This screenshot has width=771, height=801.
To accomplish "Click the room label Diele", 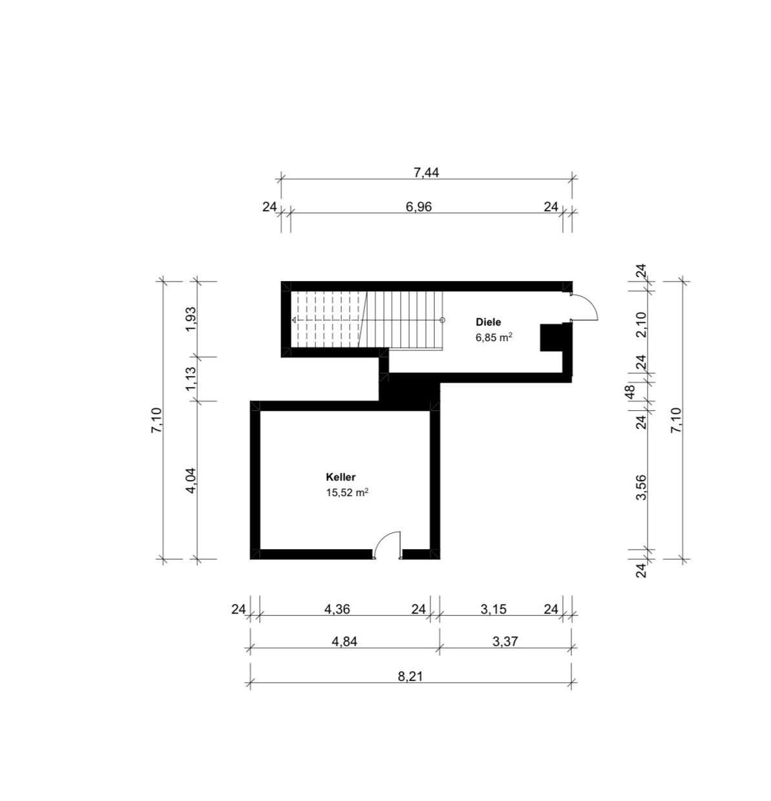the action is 488,322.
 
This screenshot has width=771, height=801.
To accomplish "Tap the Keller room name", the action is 341,477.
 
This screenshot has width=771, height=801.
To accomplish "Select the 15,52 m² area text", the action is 347,492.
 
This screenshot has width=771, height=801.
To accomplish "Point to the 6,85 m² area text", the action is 494,338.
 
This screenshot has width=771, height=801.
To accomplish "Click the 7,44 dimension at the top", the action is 427,172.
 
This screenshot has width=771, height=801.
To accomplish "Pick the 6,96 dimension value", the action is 419,207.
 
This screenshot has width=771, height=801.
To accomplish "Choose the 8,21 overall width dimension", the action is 410,677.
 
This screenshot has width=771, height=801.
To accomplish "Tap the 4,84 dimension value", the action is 344,641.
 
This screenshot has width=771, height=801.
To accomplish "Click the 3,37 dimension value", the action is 505,641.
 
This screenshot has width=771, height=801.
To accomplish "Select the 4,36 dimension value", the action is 337,609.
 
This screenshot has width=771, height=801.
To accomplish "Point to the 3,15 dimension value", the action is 493,609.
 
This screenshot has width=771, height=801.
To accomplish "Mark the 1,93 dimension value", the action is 191,319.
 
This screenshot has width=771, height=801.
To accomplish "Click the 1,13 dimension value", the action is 191,379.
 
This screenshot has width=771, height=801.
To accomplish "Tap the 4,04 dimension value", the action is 191,481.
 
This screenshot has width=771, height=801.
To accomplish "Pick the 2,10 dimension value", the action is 641,325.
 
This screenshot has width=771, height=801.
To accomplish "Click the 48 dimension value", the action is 629,391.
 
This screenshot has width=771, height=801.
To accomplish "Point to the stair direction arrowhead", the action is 295,320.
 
